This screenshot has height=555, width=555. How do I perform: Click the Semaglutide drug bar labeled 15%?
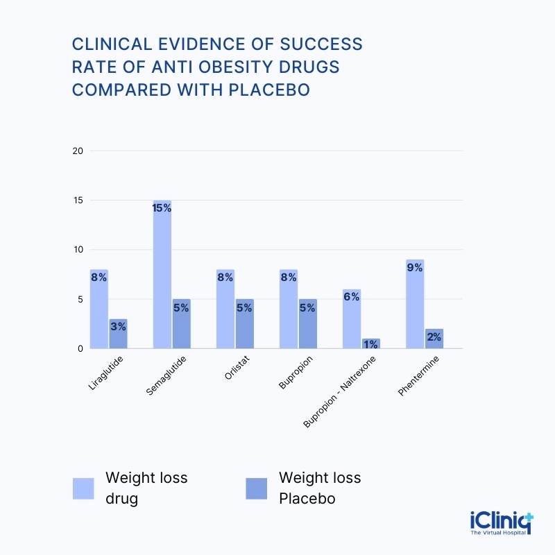pos(162,275)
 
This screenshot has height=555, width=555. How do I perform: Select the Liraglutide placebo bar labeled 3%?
pos(118,334)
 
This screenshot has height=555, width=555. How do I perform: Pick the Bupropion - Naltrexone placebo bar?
pos(370,343)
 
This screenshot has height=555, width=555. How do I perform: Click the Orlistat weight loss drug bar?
pos(225,309)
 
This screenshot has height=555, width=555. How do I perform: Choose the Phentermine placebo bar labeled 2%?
pos(434,339)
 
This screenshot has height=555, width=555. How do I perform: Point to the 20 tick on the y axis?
pos(78,151)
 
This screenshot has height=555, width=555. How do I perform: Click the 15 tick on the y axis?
pos(78,200)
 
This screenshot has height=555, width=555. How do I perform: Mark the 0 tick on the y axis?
pos(80,349)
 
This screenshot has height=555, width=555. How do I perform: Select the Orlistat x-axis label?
pos(230,369)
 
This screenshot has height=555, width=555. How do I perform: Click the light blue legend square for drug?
pos(83,488)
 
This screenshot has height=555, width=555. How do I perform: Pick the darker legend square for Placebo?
pos(257,488)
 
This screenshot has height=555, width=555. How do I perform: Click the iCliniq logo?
pos(501,522)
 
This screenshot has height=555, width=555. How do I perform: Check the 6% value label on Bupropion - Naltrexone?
pos(351,297)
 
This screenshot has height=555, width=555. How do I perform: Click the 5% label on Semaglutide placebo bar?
pos(181,307)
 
